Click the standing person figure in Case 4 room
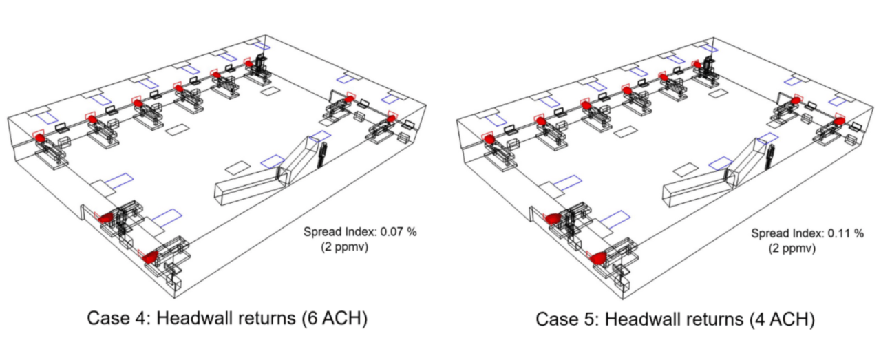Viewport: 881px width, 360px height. click(321, 155)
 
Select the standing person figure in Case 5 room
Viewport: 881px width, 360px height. click(768, 156)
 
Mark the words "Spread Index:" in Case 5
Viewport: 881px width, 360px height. click(784, 233)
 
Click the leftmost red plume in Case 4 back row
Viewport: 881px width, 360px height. click(42, 138)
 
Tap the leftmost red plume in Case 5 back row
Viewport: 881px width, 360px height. click(490, 139)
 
